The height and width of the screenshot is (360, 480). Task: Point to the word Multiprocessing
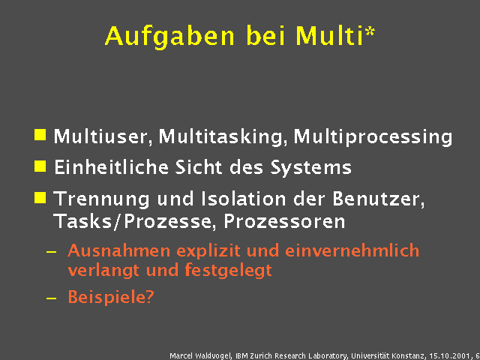pos(373,137)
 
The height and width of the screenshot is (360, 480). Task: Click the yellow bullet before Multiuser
pos(40,136)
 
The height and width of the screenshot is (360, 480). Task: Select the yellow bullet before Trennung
pos(40,198)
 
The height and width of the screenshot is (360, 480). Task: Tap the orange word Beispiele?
pos(111,297)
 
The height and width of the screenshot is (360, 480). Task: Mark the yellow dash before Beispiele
pos(51,298)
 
